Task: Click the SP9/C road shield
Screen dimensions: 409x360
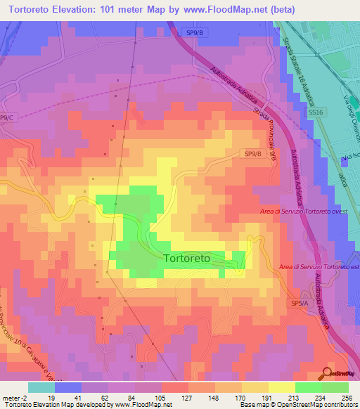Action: click(x=7, y=117)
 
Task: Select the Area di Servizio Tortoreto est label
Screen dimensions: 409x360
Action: click(x=318, y=266)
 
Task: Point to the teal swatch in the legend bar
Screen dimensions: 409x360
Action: click(x=41, y=387)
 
